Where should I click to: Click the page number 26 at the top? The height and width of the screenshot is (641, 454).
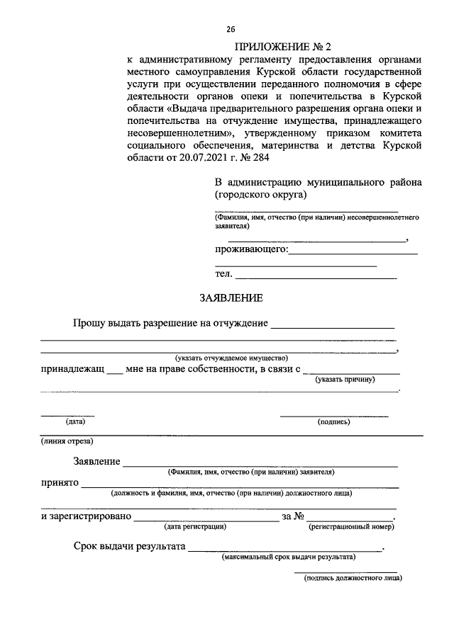(231, 29)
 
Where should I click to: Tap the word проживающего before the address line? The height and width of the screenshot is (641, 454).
(250, 249)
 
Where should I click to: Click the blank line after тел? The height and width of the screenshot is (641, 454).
(316, 276)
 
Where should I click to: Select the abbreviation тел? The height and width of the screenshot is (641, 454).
(223, 274)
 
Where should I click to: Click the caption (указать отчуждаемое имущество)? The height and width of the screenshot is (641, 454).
(231, 358)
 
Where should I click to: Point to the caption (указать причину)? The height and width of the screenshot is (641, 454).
(345, 380)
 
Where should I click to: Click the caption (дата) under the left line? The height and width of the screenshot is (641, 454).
(75, 421)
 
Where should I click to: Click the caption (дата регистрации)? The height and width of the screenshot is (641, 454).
(195, 526)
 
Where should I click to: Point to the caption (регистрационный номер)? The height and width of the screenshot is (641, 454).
(350, 526)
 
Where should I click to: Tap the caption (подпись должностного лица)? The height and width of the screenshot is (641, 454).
(352, 579)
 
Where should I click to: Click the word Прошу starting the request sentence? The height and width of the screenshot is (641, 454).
(89, 324)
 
